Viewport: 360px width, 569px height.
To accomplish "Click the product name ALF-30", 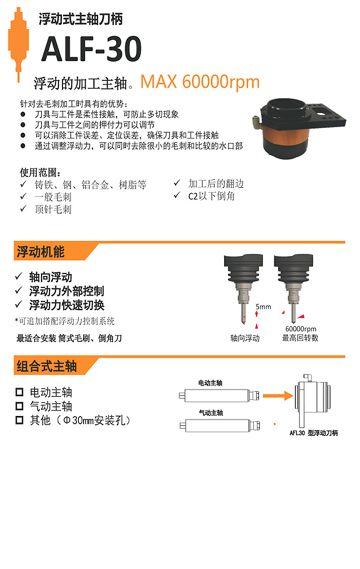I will point(91,49).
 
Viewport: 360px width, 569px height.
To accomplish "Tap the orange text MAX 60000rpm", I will point(200,82).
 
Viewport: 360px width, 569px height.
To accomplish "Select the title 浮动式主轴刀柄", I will point(81,20).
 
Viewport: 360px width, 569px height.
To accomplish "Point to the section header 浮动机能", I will point(41,252).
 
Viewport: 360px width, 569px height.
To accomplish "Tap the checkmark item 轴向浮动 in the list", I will point(50,277).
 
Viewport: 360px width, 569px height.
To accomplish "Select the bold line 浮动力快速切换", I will point(67,305).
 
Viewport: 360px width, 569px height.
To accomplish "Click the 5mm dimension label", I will point(263,307).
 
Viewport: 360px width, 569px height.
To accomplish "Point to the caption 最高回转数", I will point(300,338).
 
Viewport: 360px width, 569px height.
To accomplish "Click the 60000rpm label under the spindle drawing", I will point(300,329).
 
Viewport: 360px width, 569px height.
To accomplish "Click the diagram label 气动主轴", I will point(211,413).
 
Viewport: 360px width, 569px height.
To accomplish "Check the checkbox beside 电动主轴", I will point(20,393).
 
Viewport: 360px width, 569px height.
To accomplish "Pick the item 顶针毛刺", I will point(52,209).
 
